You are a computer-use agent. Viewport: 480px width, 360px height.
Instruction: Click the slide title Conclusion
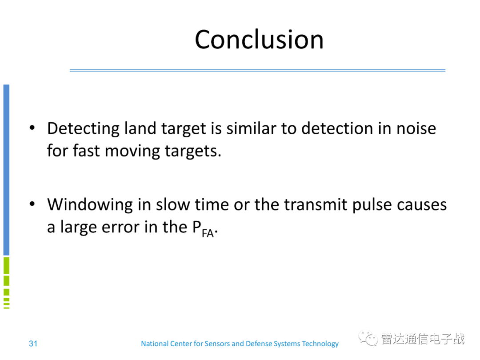pos(259,40)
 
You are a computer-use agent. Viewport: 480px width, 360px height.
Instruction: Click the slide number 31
pos(33,344)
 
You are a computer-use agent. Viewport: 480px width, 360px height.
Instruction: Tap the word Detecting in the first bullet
pos(83,129)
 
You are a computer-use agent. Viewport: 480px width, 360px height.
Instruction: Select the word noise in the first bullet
pos(416,128)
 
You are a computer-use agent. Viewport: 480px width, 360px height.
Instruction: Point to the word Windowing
pos(90,205)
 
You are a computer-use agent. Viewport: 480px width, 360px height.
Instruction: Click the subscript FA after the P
pos(208,233)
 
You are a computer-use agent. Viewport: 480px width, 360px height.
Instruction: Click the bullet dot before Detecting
pos(32,128)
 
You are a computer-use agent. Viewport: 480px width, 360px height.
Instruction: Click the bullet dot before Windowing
pos(32,204)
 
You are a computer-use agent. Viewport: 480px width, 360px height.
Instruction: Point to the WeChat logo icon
pos(368,338)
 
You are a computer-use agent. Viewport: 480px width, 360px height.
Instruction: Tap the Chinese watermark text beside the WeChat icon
pos(423,339)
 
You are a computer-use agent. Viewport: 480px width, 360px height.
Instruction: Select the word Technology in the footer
pos(320,344)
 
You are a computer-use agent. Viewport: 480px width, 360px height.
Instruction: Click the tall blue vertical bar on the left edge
pos(6,170)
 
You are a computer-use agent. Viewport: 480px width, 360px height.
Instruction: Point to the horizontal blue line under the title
pos(257,70)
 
